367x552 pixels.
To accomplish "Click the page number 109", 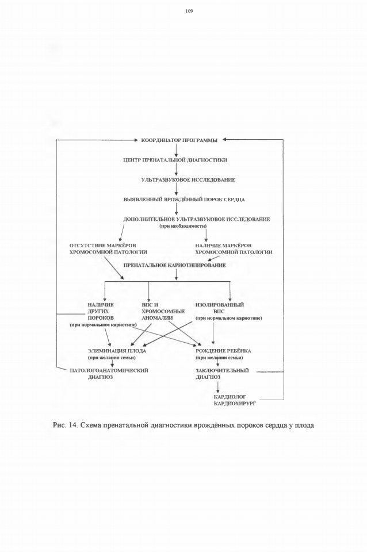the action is tap(189, 11).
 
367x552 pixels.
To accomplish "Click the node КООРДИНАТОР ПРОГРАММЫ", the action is tap(179, 140).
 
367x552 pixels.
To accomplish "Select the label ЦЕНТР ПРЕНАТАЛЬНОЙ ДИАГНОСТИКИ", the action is tap(175, 160).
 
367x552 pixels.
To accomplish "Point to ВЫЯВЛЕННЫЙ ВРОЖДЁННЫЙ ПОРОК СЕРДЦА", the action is tap(184, 200).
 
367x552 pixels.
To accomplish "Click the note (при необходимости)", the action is tap(183, 226).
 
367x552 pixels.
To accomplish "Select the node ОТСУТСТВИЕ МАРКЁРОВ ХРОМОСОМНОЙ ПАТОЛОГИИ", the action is tap(109, 248).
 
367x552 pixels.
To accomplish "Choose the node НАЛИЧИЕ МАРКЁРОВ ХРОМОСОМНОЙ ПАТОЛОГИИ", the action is tap(234, 248).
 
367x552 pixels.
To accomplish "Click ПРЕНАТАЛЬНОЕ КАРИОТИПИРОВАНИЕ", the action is tap(175, 265).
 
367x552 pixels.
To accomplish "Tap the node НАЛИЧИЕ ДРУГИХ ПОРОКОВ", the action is tap(101, 311).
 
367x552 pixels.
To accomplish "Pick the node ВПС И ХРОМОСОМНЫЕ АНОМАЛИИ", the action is tap(163, 311).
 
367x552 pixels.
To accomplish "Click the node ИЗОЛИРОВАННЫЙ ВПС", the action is tap(220, 308).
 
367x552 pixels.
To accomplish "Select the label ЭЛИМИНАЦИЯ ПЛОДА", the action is tap(117, 351).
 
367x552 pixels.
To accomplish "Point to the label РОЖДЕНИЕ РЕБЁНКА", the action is tap(223, 351).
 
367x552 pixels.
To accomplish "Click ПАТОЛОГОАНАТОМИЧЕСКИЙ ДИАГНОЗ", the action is tap(109, 374).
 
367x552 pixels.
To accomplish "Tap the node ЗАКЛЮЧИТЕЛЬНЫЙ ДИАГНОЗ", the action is tap(222, 374).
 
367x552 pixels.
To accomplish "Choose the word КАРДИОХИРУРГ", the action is tap(235, 404).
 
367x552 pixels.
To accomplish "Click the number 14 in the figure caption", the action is tap(73, 425).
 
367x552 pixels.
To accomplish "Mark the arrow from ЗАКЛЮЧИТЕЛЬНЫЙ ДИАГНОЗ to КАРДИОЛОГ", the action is tap(218, 387).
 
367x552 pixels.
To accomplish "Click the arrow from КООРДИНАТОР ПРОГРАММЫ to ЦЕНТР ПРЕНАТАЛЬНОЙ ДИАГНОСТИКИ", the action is tap(176, 150).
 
